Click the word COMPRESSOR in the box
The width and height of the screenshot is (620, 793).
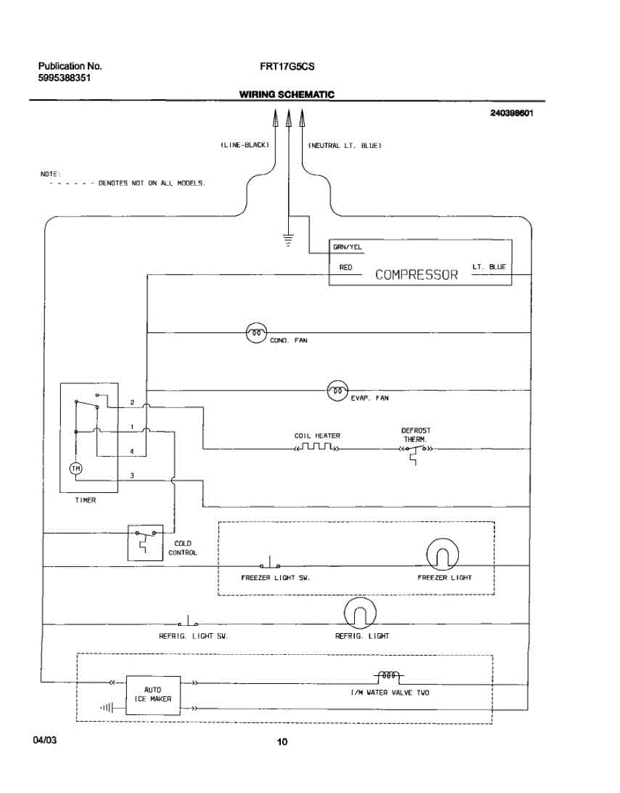point(416,274)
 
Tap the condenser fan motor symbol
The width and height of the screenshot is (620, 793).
point(256,333)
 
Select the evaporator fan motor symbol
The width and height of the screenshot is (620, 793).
point(338,391)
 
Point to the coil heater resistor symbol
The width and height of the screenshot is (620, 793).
point(317,447)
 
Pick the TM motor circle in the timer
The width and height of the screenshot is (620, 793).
point(76,469)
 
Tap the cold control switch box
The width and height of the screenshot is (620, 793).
point(145,543)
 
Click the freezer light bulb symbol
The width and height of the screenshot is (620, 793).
point(442,554)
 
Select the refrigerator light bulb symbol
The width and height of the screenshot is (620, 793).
point(360,613)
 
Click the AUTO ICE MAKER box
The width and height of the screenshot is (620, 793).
point(153,695)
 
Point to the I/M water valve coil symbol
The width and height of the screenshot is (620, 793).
point(389,676)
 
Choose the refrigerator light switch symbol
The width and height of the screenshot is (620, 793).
point(188,621)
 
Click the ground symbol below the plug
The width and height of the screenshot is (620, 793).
point(288,240)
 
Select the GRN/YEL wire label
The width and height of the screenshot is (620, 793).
point(348,247)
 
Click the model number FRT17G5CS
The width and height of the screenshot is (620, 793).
point(287,67)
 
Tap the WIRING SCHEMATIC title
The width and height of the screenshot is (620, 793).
point(287,94)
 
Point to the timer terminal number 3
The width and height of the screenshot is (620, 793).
point(132,476)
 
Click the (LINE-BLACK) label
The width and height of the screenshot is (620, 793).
point(245,145)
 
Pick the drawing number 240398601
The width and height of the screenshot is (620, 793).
point(512,113)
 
